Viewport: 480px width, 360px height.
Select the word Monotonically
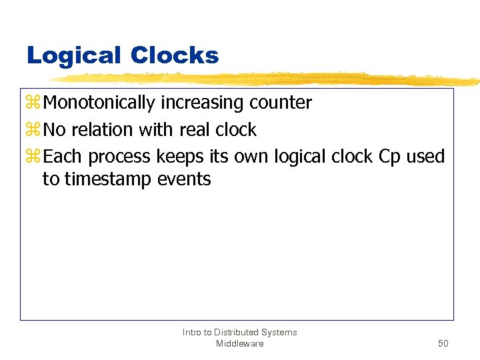[100, 103]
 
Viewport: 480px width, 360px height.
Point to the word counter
[280, 103]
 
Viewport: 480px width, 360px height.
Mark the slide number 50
[443, 343]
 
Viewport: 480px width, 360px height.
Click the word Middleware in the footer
[239, 343]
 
